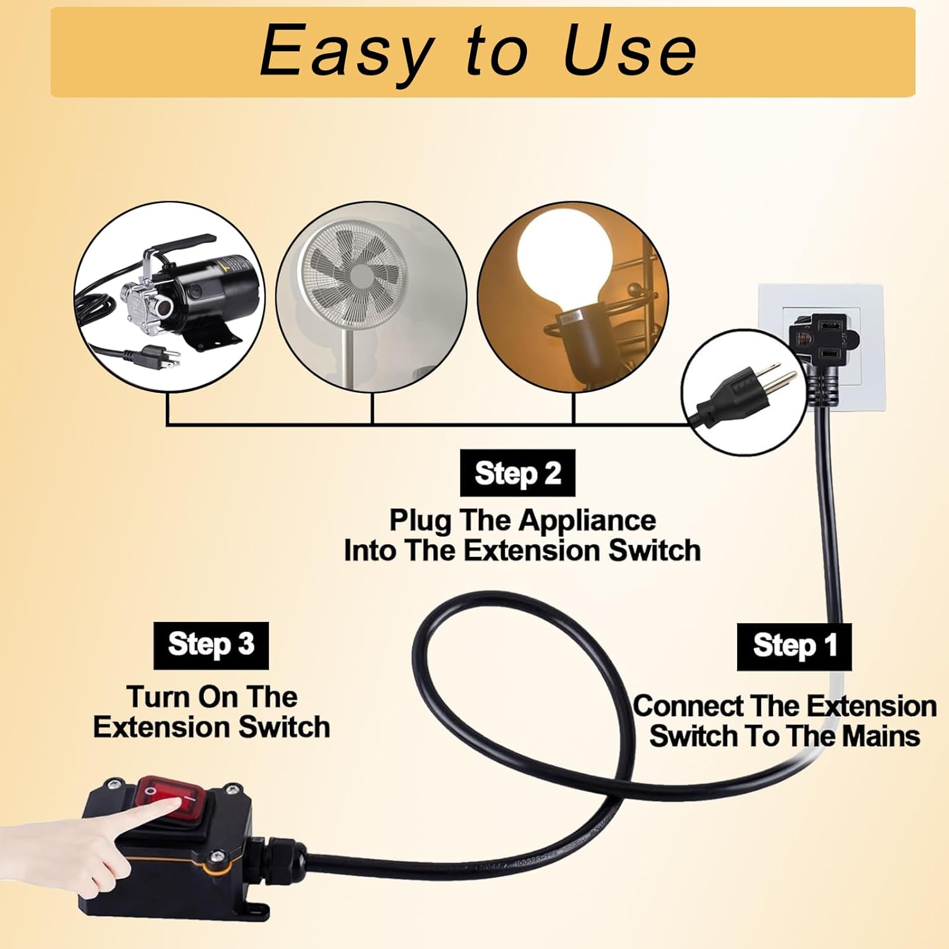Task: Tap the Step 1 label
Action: (x=794, y=647)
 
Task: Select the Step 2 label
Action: (x=518, y=473)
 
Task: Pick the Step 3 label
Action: (x=211, y=645)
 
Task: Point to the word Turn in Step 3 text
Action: (x=159, y=697)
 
